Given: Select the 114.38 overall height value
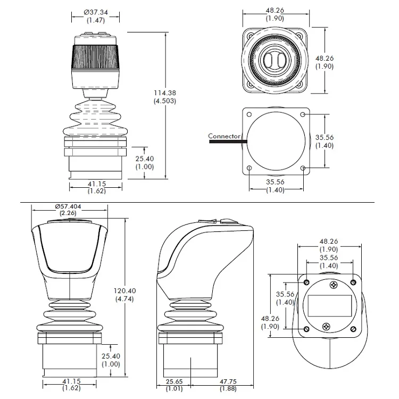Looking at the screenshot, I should [x=164, y=93].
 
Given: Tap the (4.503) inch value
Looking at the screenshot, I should [x=164, y=101].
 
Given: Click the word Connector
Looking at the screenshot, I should [x=225, y=136].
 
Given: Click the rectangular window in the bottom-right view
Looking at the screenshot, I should [x=330, y=305].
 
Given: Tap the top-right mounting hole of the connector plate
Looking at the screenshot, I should [x=303, y=114].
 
